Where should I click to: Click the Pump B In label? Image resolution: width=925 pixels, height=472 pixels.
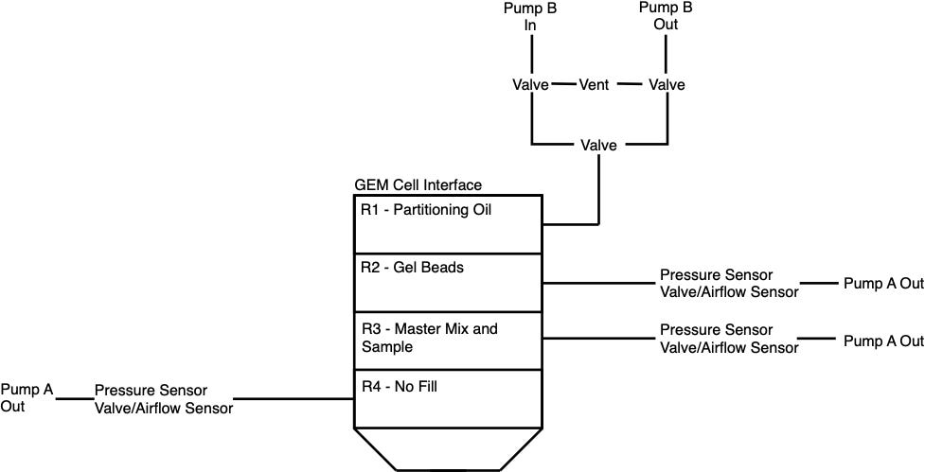[x=531, y=16]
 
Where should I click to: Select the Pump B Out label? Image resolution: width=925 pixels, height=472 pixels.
[x=667, y=16]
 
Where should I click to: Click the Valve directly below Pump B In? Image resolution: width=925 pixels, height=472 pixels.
[x=531, y=85]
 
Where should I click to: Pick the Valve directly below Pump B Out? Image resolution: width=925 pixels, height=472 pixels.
[x=667, y=85]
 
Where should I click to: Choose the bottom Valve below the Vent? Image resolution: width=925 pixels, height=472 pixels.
[x=598, y=145]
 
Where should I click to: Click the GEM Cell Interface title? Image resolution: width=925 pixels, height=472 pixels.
[x=418, y=185]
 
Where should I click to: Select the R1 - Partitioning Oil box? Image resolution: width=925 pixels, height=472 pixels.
[x=447, y=224]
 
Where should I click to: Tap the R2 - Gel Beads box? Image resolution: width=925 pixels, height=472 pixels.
[x=447, y=282]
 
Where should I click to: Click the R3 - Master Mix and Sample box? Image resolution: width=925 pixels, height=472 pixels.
[x=447, y=340]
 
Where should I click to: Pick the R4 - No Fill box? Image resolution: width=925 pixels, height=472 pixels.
[x=447, y=398]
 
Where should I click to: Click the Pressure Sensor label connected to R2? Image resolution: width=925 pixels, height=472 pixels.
[x=716, y=275]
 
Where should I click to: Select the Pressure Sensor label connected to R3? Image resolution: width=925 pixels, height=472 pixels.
[x=716, y=331]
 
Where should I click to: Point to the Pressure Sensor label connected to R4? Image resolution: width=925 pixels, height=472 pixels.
[x=151, y=391]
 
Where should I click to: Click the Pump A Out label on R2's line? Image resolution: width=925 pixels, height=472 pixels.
[x=883, y=283]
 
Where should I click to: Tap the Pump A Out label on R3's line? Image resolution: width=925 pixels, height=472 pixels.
[x=883, y=341]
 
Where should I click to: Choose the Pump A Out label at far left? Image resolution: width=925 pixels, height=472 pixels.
[x=27, y=397]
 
